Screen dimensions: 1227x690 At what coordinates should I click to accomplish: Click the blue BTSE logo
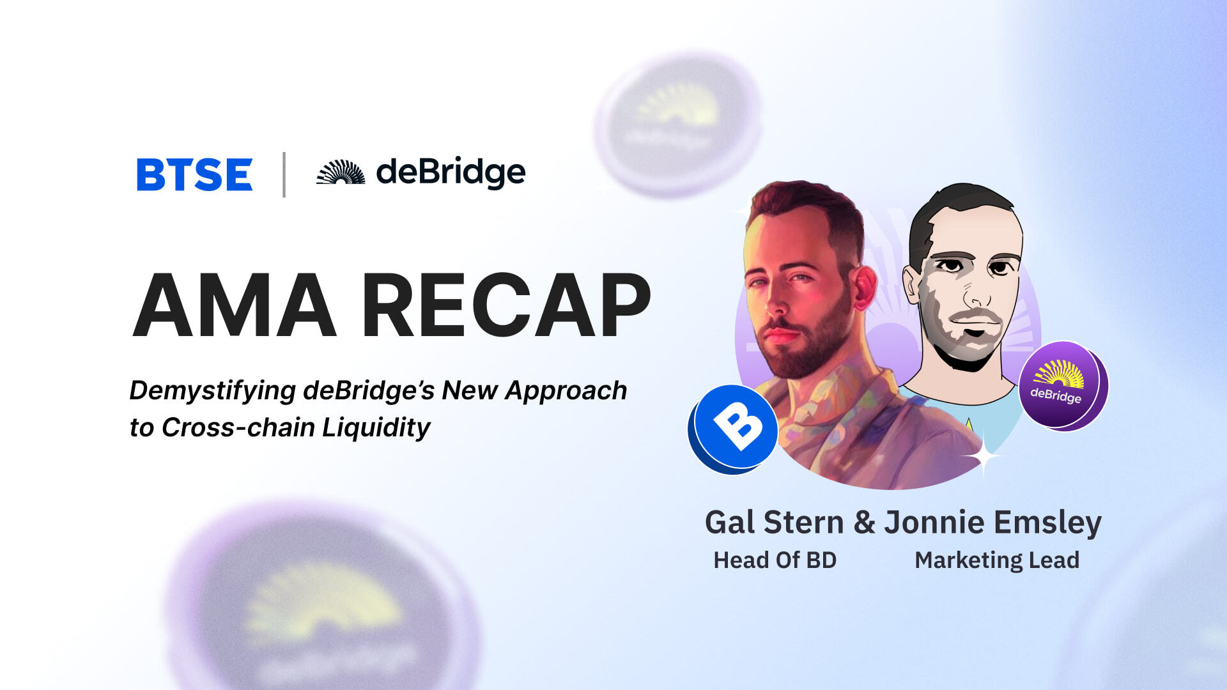(x=194, y=174)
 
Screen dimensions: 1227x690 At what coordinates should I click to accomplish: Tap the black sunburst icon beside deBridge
(x=341, y=172)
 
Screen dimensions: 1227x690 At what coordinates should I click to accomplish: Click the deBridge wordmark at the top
(x=451, y=172)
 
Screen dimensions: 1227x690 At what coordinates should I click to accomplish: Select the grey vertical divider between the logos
(x=284, y=174)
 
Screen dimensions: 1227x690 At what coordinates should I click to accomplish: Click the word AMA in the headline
(x=235, y=305)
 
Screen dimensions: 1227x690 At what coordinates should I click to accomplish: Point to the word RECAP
(x=506, y=305)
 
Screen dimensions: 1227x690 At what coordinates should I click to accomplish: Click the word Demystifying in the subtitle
(x=212, y=391)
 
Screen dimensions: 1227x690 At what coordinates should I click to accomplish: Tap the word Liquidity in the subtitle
(x=376, y=428)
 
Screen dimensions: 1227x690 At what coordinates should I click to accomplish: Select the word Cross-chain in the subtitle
(x=238, y=427)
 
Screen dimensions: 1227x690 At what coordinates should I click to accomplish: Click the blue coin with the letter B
(x=734, y=429)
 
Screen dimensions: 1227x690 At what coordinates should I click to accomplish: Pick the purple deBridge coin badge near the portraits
(x=1063, y=385)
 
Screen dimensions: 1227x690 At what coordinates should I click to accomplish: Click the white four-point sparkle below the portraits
(x=983, y=456)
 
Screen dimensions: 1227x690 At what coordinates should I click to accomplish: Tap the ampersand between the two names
(x=864, y=522)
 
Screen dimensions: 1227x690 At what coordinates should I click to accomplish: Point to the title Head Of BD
(x=775, y=560)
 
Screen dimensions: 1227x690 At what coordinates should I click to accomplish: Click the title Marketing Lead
(x=997, y=560)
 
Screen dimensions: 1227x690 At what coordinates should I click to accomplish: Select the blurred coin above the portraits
(x=677, y=125)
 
